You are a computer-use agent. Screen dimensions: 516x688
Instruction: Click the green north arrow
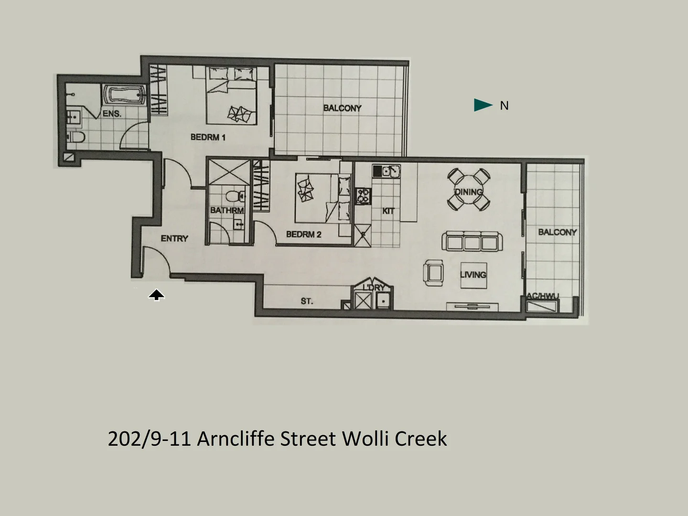(x=483, y=105)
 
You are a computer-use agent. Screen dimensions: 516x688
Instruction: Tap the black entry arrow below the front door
(x=156, y=295)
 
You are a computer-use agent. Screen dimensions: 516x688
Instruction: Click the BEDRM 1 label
(x=208, y=138)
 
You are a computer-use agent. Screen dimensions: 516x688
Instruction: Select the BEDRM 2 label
(x=303, y=235)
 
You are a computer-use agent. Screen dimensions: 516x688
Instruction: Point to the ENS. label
(x=112, y=114)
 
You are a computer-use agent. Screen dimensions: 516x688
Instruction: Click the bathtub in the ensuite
(x=124, y=94)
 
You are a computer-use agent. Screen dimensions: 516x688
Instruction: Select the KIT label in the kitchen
(x=388, y=211)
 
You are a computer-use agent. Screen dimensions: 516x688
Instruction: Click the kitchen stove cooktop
(x=363, y=195)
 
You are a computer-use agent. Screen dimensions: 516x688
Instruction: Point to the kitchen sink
(x=387, y=171)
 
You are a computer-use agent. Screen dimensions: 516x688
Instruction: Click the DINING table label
(x=468, y=192)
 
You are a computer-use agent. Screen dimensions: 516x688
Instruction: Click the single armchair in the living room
(x=433, y=273)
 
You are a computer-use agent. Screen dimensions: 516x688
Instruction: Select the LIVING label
(x=473, y=275)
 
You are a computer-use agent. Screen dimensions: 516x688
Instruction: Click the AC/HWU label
(x=542, y=296)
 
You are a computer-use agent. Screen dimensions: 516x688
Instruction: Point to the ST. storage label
(x=307, y=301)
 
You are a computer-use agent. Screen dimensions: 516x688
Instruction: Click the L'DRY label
(x=374, y=288)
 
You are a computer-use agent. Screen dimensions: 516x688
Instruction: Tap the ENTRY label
(x=174, y=238)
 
